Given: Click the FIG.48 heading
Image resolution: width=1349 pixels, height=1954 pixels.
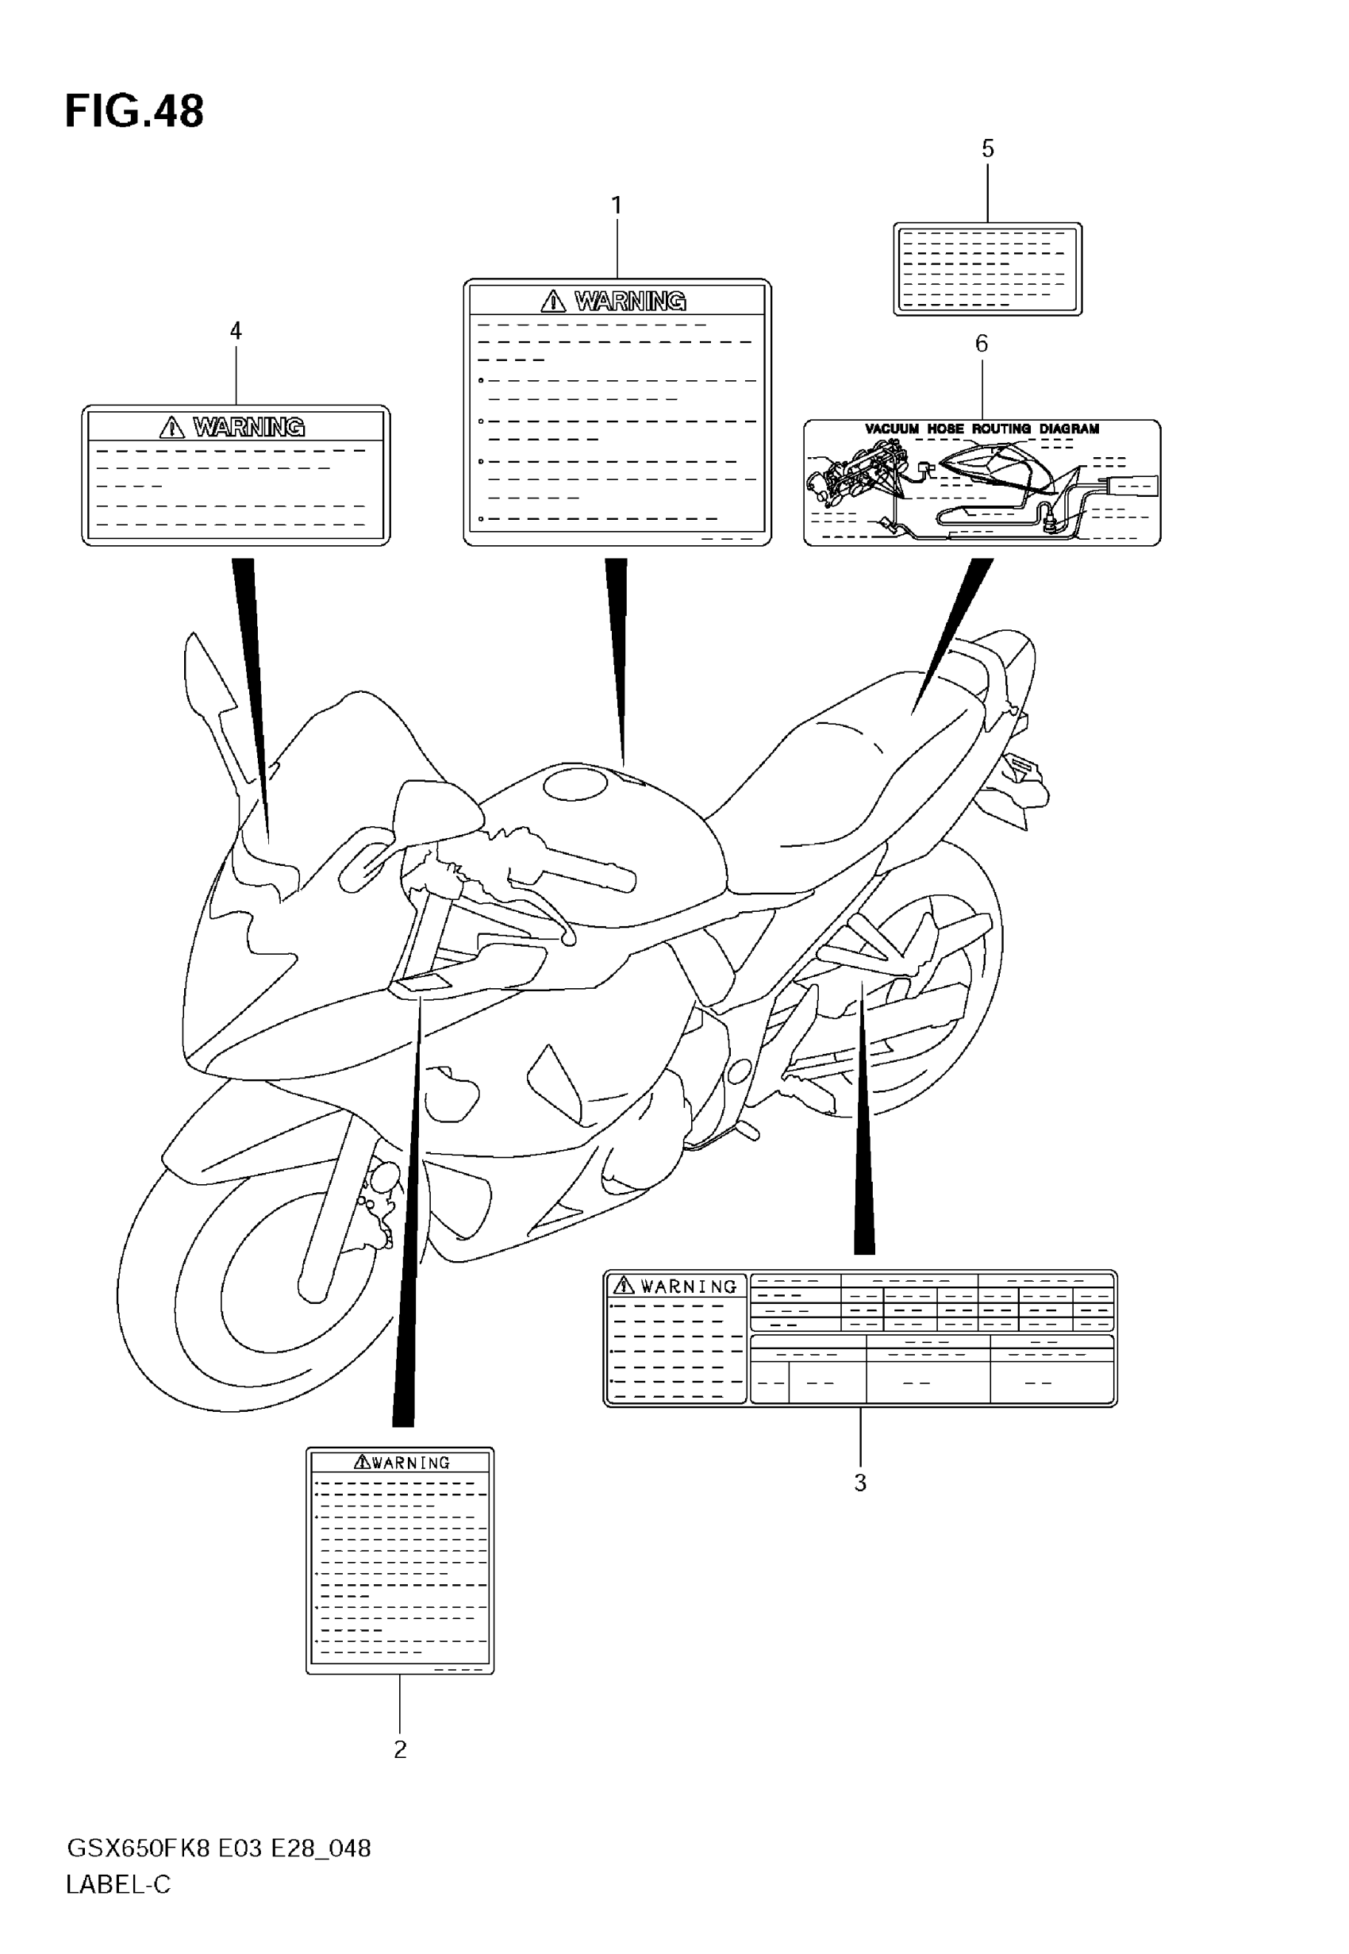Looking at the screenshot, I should pos(134,112).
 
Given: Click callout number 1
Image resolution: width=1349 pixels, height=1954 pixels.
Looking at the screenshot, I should pos(617,206).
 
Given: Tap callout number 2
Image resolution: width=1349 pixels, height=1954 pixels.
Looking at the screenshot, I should pos(400,1749).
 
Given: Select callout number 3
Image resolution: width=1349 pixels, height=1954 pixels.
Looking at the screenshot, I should pos(859,1483).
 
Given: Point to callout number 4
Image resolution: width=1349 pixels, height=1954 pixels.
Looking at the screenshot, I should pos(236,331).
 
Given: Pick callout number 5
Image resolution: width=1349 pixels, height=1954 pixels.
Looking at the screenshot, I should pos(987,148).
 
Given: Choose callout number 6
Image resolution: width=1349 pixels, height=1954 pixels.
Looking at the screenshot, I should pos(982,343).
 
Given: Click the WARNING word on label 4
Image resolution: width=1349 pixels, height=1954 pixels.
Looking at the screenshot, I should pos(248,428).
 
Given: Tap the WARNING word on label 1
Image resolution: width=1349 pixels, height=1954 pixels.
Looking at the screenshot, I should pos(630,301).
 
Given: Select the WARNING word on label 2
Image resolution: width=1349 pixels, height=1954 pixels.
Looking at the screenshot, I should pos(410,1462).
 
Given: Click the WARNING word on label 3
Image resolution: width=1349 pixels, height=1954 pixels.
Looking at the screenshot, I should pos(688,1287).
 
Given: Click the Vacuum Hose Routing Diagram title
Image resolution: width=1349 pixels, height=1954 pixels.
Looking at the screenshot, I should pos(982,429).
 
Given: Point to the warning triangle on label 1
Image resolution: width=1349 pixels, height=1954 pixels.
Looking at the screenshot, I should pos(553,301).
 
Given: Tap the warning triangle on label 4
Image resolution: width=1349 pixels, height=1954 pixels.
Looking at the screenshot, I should pos(171,428).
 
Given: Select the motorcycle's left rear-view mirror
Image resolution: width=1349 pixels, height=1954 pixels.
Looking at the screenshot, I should pos(440,807).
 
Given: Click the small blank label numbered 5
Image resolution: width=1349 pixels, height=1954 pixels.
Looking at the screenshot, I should pos(987,269).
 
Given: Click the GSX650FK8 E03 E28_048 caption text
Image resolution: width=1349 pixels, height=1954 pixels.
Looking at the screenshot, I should pos(218,1848).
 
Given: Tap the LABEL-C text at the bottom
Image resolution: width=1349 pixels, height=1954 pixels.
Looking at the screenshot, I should pos(118,1885).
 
